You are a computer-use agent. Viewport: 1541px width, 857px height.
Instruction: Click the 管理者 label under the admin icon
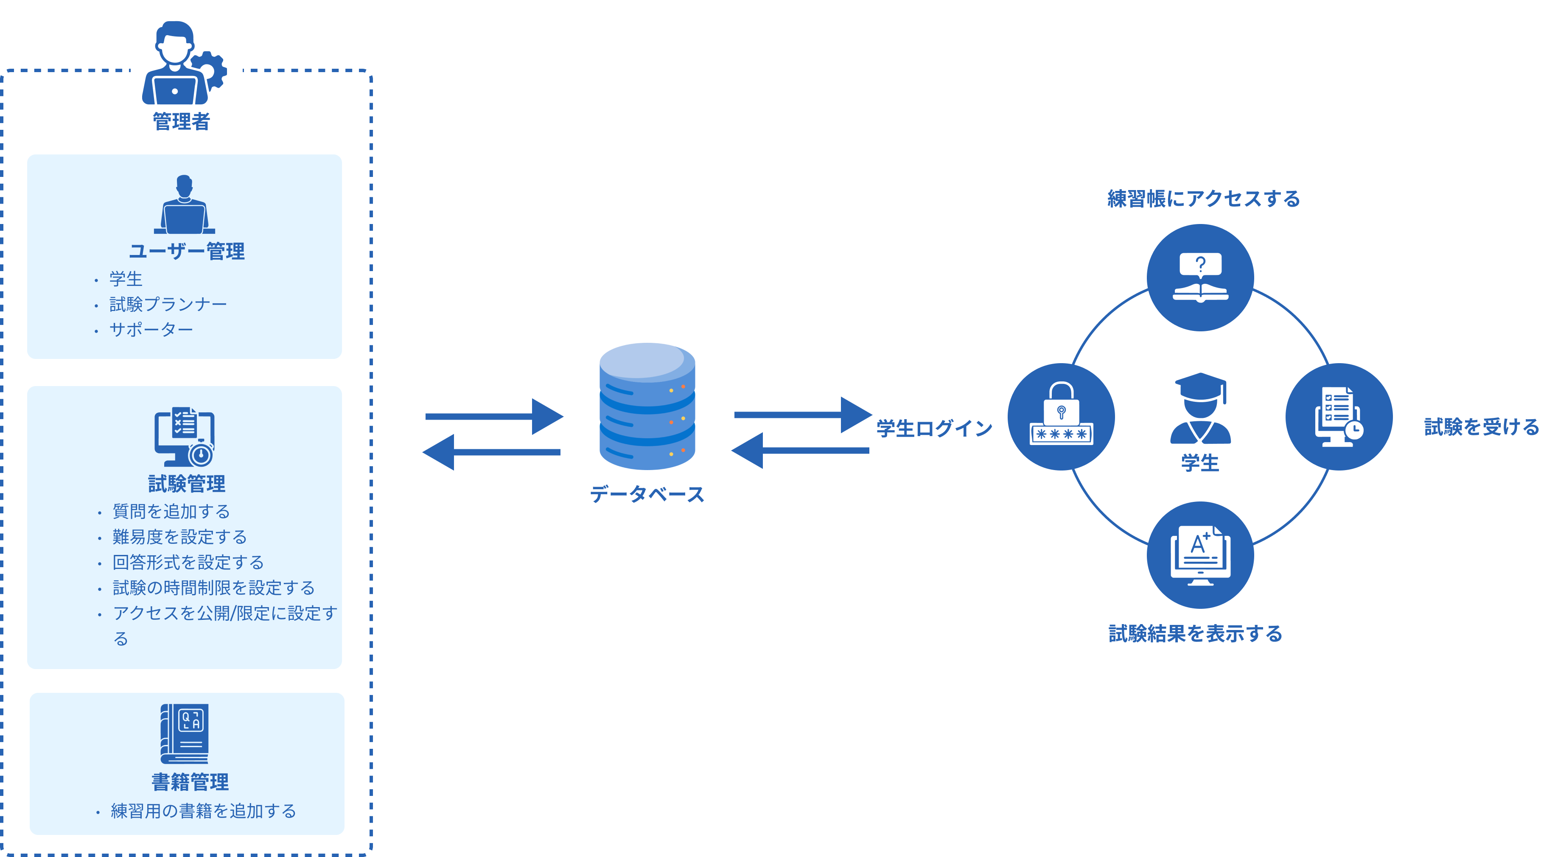(x=181, y=121)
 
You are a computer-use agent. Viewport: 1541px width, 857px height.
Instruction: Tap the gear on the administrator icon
(x=209, y=70)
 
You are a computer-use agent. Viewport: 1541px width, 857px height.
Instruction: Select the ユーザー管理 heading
(x=187, y=251)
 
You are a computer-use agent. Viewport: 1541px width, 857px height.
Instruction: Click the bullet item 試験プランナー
(x=168, y=305)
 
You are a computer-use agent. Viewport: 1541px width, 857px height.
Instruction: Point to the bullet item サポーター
(x=151, y=330)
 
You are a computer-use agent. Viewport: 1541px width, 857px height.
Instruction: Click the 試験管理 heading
(x=187, y=483)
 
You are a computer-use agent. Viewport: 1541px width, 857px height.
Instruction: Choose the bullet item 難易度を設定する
(x=179, y=537)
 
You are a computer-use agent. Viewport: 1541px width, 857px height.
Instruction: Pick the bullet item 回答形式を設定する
(x=188, y=562)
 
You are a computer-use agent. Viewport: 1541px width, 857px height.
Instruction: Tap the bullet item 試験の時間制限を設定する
(x=213, y=588)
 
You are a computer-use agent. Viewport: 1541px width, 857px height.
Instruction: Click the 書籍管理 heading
(x=190, y=781)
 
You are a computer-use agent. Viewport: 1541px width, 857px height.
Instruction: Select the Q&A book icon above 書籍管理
(x=185, y=733)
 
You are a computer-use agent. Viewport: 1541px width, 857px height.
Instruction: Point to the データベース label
(x=647, y=494)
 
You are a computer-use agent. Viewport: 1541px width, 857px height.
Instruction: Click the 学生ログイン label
(x=934, y=428)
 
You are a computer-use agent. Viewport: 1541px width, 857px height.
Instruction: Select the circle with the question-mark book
(x=1200, y=277)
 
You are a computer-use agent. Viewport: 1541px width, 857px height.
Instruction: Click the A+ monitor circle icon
(x=1200, y=555)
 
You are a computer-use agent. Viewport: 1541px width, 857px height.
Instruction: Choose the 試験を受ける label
(x=1481, y=427)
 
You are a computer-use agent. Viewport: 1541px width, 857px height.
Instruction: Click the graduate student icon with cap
(x=1200, y=409)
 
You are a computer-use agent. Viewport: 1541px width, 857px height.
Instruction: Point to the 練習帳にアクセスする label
(x=1204, y=199)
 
